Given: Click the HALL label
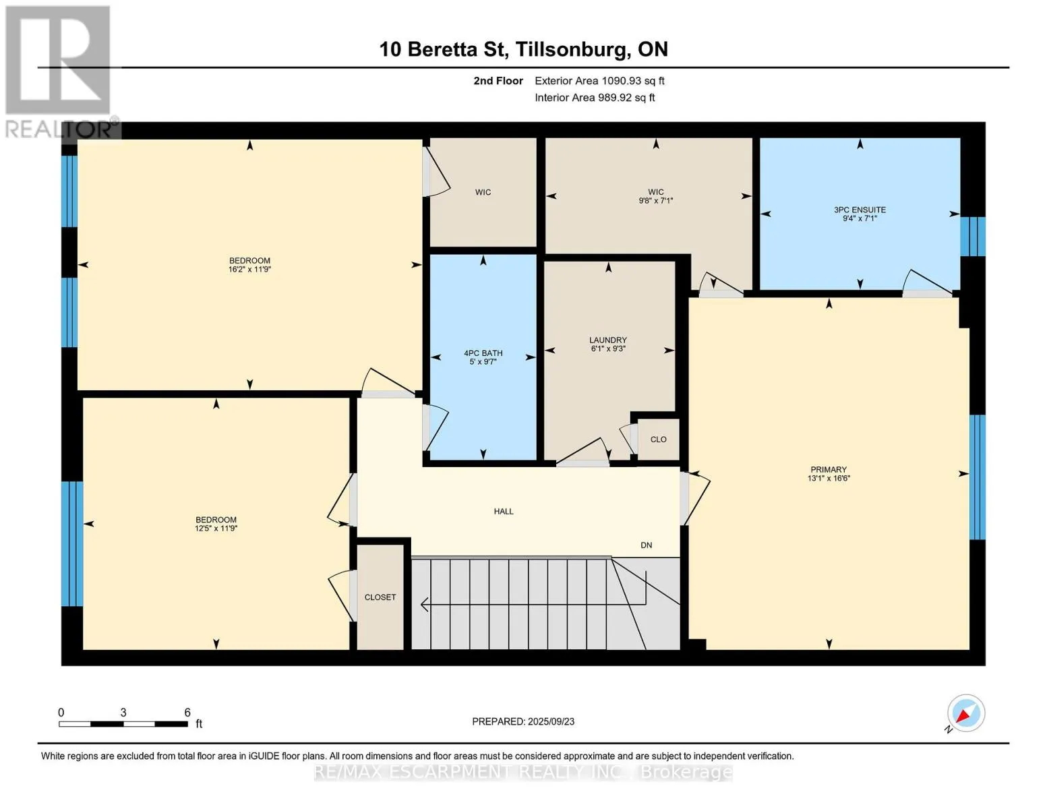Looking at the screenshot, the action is click(x=504, y=511).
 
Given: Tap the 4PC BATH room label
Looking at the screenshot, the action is click(x=483, y=353).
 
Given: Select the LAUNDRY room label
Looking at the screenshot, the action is click(x=608, y=340).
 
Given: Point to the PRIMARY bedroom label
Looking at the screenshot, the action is click(x=829, y=470).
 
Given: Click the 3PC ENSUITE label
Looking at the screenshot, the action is click(x=860, y=210).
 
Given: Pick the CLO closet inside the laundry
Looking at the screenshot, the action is click(x=658, y=440).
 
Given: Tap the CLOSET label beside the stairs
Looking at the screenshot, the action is click(x=380, y=597).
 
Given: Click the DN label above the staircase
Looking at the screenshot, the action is click(x=646, y=545).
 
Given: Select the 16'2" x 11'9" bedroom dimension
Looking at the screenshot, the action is click(x=249, y=270).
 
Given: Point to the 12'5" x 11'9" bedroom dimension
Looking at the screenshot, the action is click(x=216, y=529).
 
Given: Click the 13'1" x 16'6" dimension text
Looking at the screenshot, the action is click(x=829, y=479).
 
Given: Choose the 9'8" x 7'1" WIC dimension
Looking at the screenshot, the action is click(x=656, y=200).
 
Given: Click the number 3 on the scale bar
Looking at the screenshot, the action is click(x=123, y=713).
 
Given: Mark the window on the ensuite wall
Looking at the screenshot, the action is click(x=972, y=237).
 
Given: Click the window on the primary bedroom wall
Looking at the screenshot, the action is click(x=977, y=477).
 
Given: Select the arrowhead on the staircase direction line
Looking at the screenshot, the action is click(x=425, y=604).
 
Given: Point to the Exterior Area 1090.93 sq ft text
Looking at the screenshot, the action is click(x=599, y=81).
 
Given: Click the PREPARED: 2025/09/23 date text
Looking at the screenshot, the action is click(x=523, y=722).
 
